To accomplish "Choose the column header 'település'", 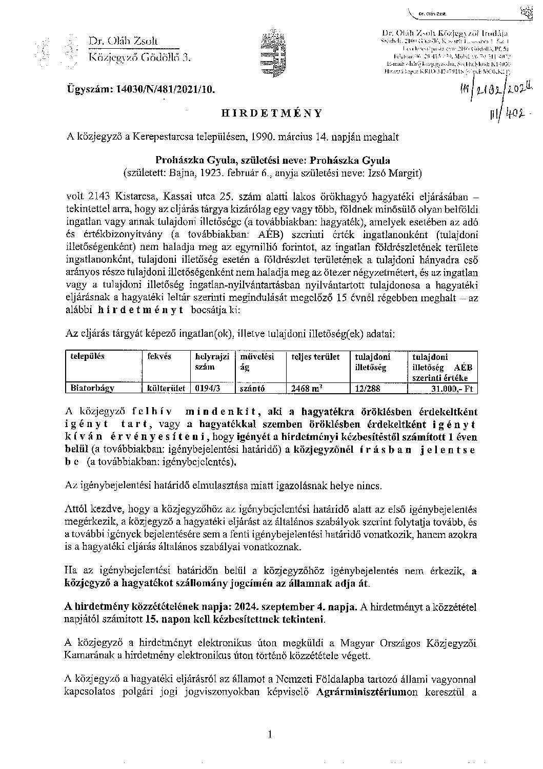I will coord(88,356).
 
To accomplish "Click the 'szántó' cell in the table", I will coord(252,389).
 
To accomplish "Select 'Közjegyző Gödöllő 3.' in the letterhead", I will coord(139,57).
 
